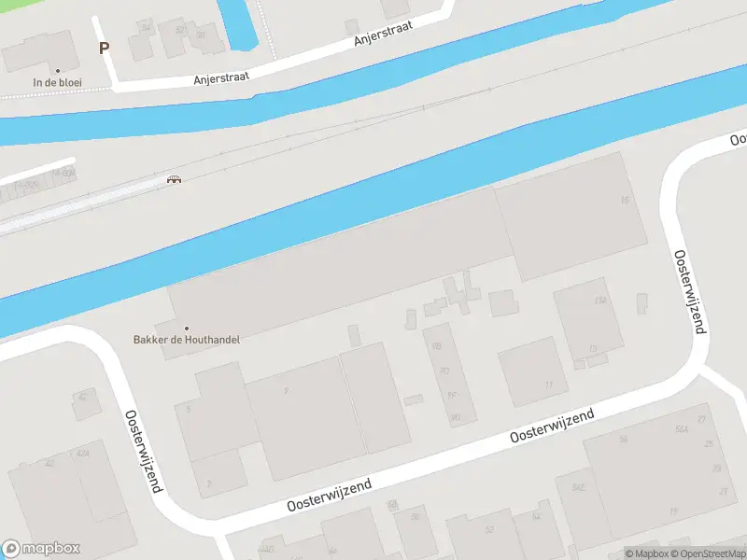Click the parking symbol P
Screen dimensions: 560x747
click(x=103, y=48)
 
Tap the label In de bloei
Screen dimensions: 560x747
click(x=58, y=82)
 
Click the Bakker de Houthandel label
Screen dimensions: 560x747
click(x=187, y=340)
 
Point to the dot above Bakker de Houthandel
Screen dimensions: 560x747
click(x=187, y=328)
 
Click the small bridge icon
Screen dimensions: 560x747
click(x=174, y=179)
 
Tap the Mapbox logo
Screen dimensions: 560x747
click(x=41, y=549)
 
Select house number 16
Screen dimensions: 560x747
click(x=625, y=201)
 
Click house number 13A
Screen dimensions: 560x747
click(x=600, y=301)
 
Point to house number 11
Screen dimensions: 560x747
click(x=549, y=385)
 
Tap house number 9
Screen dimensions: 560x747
click(x=286, y=391)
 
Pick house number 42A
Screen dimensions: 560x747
click(x=82, y=454)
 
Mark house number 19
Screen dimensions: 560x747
click(x=673, y=511)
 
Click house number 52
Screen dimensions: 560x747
click(x=488, y=529)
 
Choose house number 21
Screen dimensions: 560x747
click(x=722, y=491)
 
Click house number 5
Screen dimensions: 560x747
click(x=189, y=409)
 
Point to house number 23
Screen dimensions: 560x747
click(x=717, y=468)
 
